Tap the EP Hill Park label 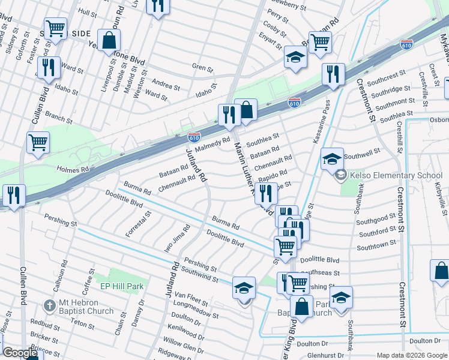[122, 286]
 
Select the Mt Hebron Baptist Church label [82, 307]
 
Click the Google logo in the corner [20, 353]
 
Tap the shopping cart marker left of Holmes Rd [38, 143]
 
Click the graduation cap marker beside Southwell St [332, 160]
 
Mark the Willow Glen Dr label [184, 347]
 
